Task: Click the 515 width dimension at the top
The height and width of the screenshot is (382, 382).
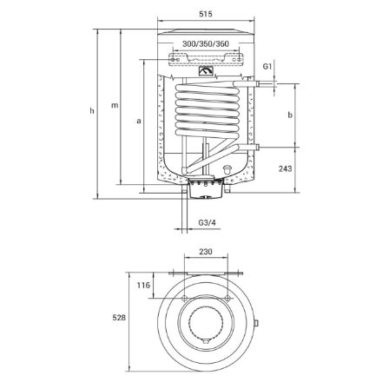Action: [x=206, y=14]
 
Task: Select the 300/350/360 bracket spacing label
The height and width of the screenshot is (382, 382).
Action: [x=206, y=44]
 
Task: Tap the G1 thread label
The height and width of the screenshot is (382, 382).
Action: [x=267, y=67]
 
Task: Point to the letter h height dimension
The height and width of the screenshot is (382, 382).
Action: [x=92, y=110]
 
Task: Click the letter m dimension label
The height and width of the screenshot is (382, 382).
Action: [x=115, y=105]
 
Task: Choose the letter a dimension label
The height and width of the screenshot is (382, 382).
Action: [x=139, y=121]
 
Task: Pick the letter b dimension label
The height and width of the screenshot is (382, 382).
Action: [x=290, y=115]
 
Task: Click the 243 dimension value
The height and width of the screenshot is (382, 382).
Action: [x=286, y=168]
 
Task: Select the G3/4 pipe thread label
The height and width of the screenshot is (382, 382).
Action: [x=207, y=223]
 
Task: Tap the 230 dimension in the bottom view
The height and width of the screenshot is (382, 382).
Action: [x=206, y=252]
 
